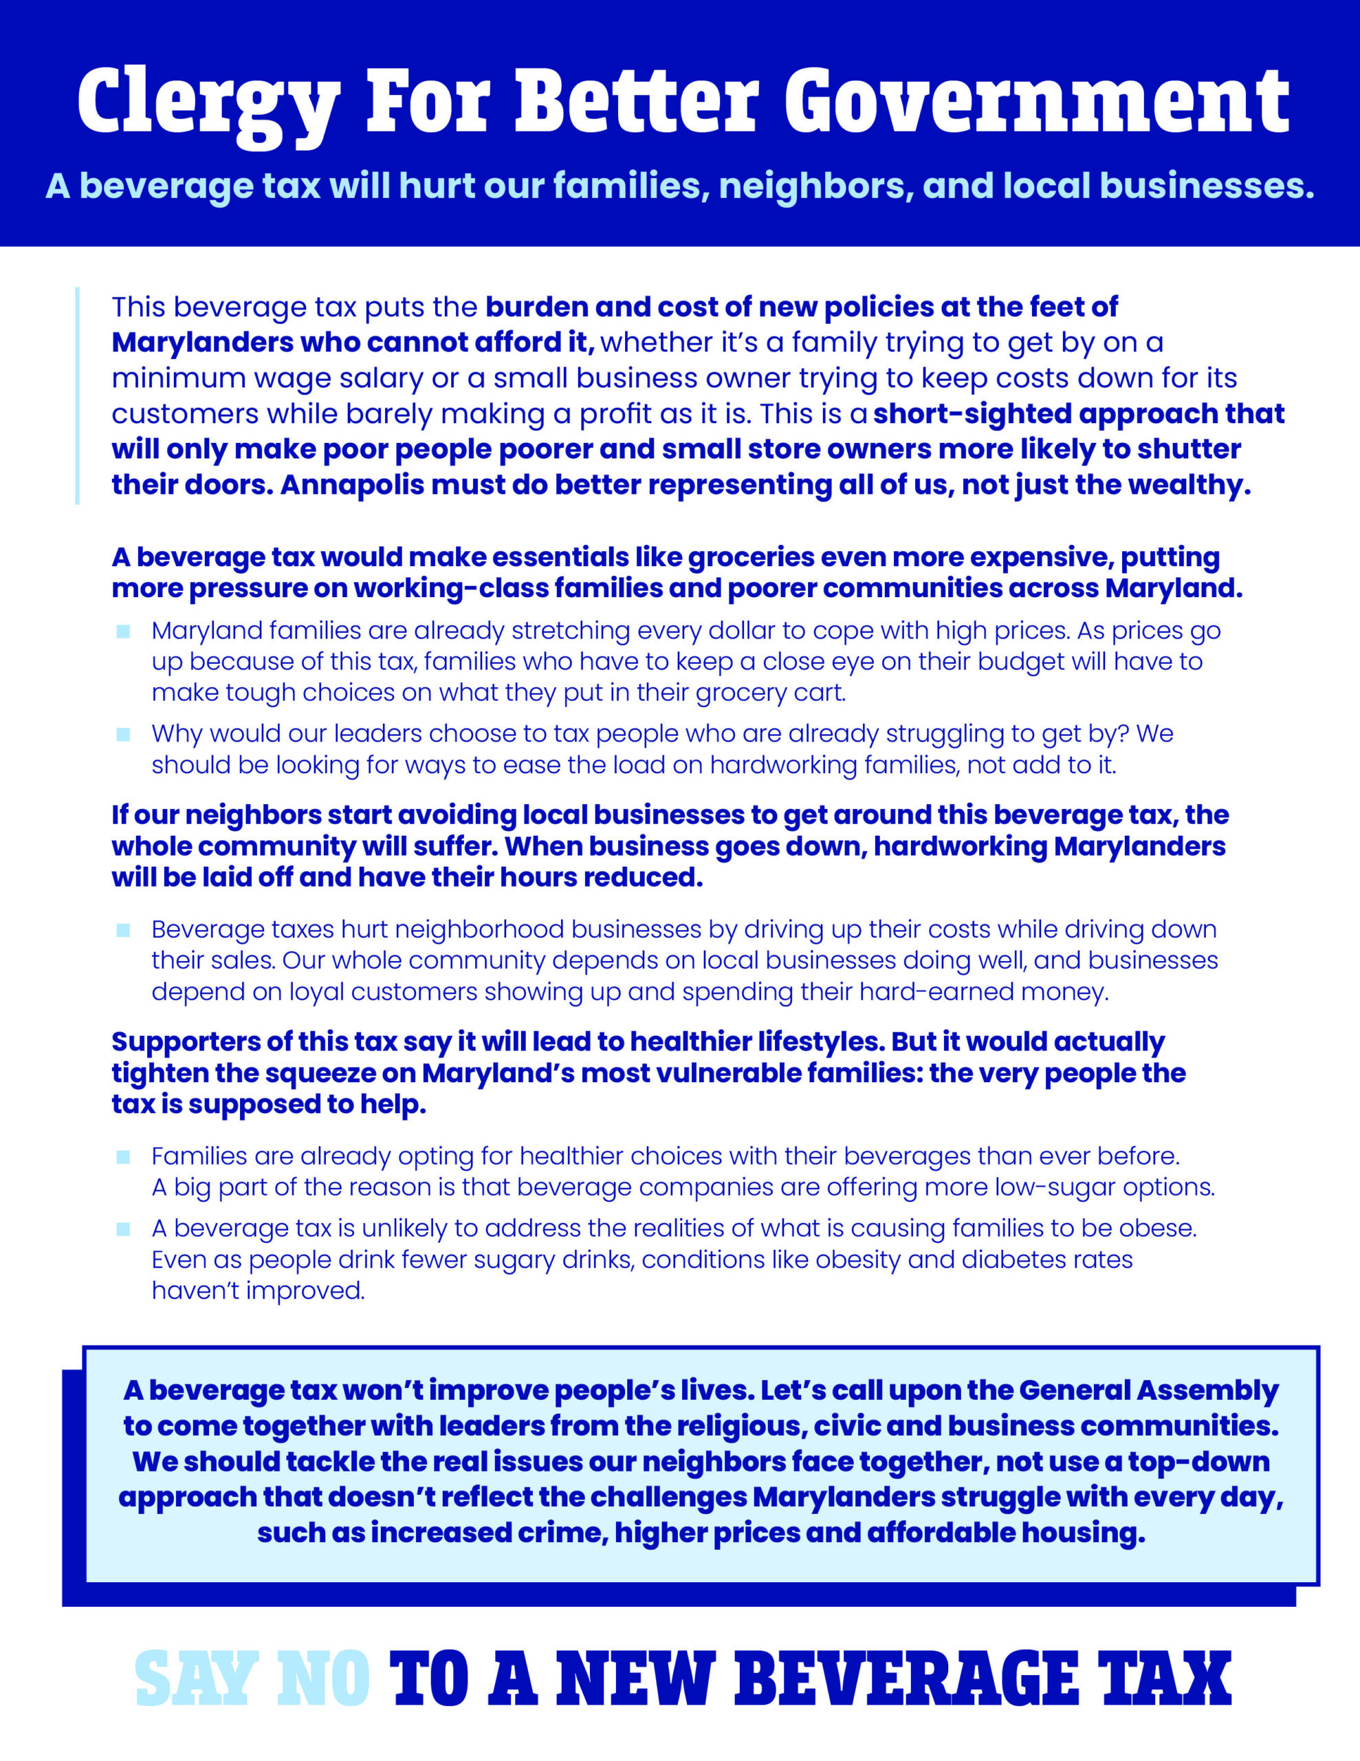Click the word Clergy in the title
click(208, 102)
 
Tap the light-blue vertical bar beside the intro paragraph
click(78, 395)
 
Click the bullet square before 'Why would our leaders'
click(123, 734)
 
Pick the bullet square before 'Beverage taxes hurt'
click(123, 930)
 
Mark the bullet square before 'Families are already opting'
click(123, 1157)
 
